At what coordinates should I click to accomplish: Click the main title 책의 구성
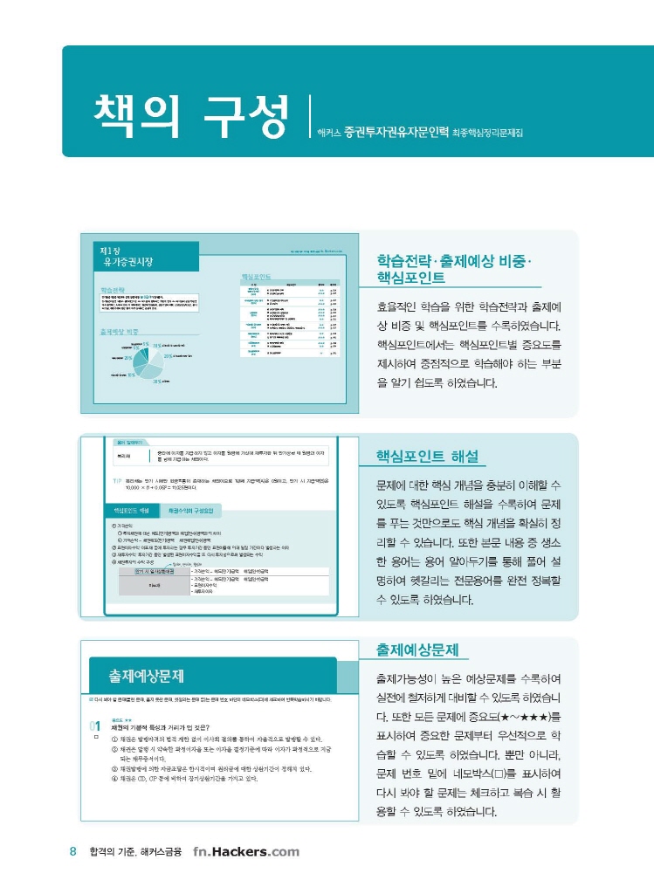tap(190, 113)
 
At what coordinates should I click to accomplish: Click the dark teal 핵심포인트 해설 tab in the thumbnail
tap(132, 510)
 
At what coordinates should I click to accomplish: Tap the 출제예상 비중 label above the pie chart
tap(120, 332)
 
